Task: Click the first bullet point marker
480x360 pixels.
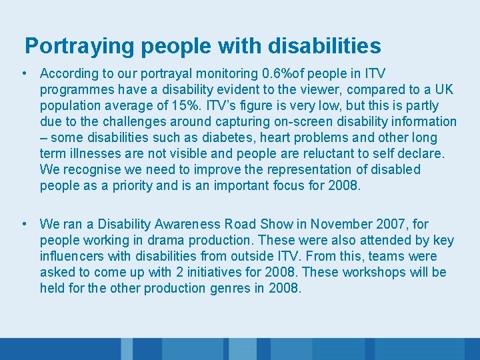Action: [x=23, y=73]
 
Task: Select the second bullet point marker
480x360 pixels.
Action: [x=23, y=224]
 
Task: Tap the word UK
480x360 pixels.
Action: [x=445, y=89]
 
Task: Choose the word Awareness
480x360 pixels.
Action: [x=186, y=224]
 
